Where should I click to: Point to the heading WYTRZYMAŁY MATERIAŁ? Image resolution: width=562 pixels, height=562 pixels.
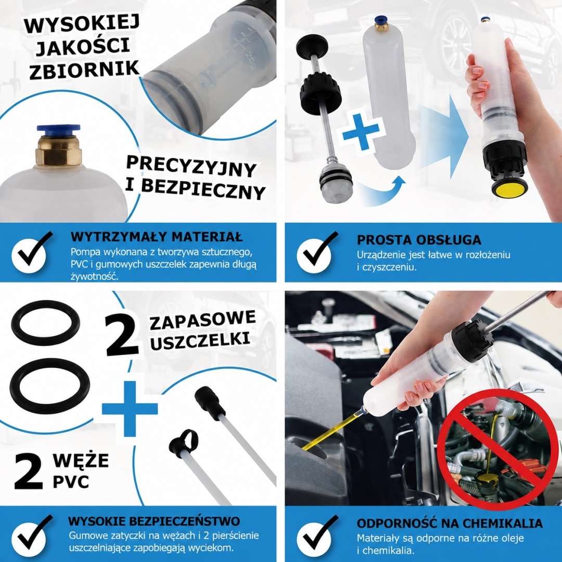[x=157, y=237]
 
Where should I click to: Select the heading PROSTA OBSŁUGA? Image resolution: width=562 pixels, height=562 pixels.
[x=419, y=239]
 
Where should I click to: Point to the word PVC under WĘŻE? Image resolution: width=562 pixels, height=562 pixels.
[x=71, y=482]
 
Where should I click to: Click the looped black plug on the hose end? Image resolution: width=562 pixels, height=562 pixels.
[x=184, y=442]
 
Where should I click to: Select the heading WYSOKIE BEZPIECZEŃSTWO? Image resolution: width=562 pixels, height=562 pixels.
[x=154, y=521]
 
